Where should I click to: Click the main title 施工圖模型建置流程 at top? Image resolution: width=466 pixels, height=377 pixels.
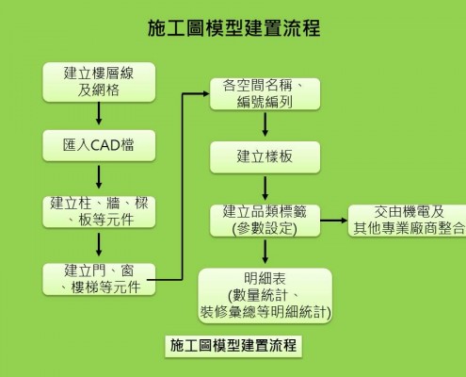233,28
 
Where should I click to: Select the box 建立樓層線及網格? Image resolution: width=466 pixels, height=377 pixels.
99,82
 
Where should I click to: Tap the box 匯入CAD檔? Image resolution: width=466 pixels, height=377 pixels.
99,145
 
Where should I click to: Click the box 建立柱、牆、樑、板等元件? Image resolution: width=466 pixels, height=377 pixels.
99,212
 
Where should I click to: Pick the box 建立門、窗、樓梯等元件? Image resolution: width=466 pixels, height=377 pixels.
99,279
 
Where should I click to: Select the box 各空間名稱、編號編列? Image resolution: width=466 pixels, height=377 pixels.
265,94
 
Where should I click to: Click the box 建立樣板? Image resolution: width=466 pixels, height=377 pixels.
265,157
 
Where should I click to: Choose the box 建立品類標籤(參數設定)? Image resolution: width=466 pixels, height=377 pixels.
265,221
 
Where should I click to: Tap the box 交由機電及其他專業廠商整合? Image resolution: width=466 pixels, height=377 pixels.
408,221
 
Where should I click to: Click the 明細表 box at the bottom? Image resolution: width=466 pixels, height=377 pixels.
265,295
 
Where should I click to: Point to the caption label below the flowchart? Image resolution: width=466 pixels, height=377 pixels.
233,346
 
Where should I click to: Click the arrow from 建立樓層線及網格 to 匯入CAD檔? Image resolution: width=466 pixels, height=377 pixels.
99,113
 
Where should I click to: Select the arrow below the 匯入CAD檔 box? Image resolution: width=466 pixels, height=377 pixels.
99,177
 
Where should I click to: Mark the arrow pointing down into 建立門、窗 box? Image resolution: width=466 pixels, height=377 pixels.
99,244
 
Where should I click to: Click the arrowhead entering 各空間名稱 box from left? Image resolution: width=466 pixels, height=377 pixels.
206,93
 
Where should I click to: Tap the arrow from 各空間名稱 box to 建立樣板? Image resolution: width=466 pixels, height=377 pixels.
265,124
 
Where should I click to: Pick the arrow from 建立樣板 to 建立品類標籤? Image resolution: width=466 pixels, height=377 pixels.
265,188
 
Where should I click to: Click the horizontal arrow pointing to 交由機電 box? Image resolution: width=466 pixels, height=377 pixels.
333,221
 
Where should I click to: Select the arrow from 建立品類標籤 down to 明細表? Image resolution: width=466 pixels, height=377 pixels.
265,252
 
